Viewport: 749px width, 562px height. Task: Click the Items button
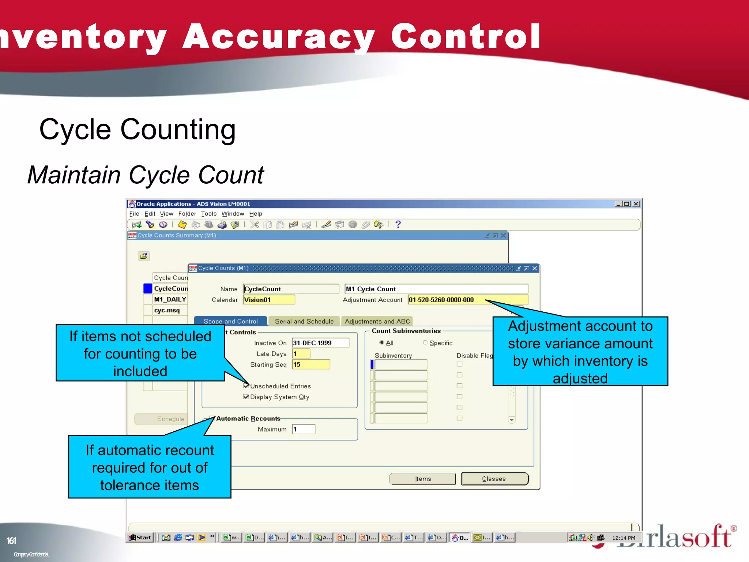tap(422, 479)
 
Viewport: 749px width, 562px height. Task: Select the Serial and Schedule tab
tap(304, 321)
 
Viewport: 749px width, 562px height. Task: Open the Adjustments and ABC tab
tap(377, 321)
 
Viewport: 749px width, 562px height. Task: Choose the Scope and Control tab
tap(230, 321)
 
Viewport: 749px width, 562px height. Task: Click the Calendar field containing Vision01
tap(269, 300)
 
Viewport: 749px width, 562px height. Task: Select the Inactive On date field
tap(320, 343)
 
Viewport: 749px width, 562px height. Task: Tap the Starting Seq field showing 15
tap(311, 364)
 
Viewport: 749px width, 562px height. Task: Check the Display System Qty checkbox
tap(246, 397)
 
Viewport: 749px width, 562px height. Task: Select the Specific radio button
tap(425, 343)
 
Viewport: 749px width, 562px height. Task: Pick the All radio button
tap(382, 343)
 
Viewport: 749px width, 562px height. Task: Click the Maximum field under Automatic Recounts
tap(304, 429)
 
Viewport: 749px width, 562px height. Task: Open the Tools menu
tap(208, 214)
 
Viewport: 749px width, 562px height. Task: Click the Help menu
tap(256, 214)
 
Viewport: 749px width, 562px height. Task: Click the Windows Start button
tap(140, 537)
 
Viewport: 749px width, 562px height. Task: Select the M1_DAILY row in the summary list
tap(170, 299)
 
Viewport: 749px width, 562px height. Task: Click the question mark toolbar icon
tap(398, 225)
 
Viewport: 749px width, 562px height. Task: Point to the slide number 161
tap(11, 541)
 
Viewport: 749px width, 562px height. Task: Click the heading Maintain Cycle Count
tap(146, 175)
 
